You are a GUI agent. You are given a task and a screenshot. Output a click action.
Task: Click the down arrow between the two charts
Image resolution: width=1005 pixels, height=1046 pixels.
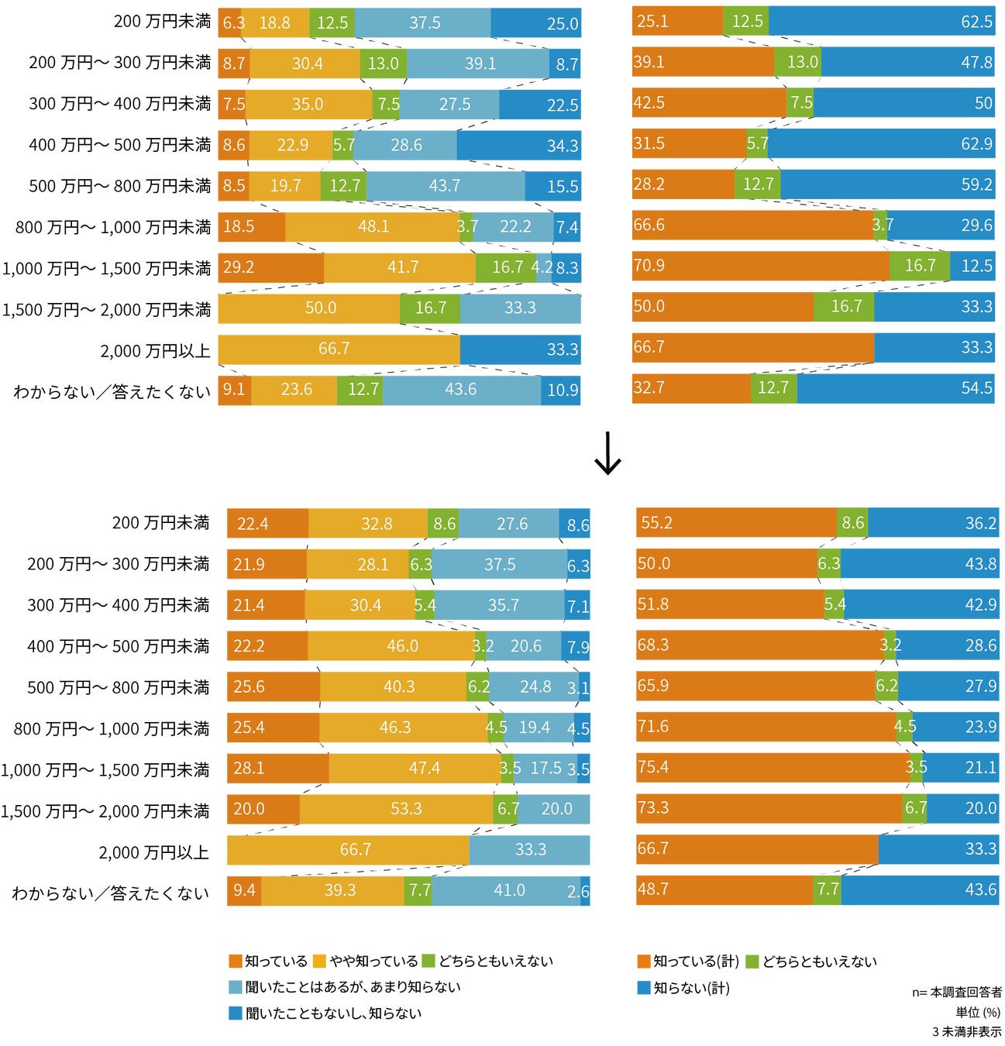607,454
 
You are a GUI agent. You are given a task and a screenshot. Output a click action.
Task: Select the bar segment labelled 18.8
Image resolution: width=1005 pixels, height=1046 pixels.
275,23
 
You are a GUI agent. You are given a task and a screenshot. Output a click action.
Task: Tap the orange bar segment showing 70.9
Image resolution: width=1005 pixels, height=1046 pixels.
760,267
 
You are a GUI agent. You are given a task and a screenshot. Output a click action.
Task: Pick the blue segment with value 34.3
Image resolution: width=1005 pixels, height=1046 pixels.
518,146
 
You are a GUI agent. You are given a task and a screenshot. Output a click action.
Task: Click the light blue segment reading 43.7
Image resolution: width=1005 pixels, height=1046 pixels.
445,186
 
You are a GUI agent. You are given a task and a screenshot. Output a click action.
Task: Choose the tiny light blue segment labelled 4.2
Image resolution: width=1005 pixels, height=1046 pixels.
544,267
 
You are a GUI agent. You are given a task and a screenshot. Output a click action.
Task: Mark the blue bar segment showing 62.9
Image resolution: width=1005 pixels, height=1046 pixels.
881,144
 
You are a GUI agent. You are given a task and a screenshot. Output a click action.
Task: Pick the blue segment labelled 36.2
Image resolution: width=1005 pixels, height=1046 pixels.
933,524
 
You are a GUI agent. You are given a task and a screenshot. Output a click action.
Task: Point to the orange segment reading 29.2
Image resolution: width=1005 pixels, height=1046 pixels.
270,267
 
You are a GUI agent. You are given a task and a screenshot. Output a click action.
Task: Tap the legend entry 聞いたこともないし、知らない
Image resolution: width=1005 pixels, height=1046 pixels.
333,1013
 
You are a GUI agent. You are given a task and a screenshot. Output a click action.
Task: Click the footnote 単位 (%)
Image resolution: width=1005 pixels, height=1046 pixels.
978,1013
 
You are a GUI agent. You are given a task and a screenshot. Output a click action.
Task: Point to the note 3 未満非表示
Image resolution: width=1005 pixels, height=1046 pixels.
966,1032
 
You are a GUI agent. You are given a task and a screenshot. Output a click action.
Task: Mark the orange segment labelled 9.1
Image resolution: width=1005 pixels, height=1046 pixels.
234,390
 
